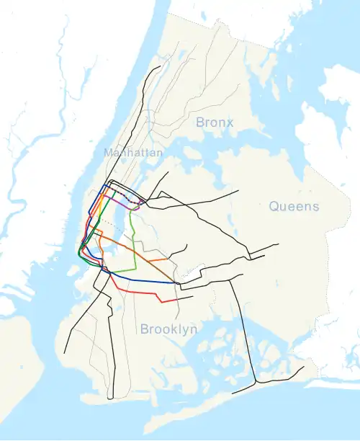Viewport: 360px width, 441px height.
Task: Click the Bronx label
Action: (x=215, y=122)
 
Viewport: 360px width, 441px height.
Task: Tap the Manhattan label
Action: (x=133, y=153)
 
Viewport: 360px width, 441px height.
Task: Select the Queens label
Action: (x=294, y=207)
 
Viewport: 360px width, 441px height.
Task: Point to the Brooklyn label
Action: (x=168, y=329)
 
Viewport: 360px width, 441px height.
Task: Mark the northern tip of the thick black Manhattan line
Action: (x=161, y=67)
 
